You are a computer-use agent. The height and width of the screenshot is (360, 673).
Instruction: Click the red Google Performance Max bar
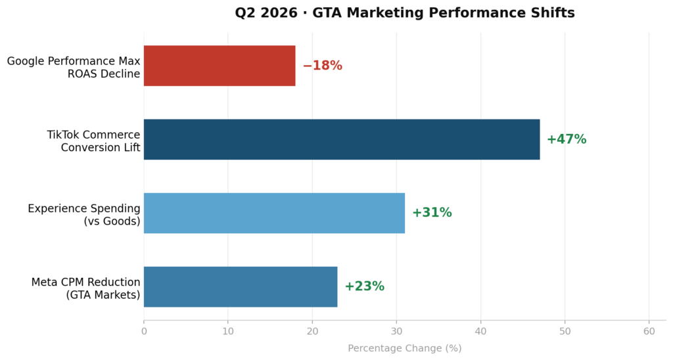[x=220, y=66]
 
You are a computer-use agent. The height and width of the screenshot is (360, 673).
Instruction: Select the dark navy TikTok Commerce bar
[x=342, y=139]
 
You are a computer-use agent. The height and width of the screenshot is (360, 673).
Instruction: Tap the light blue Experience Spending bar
[x=274, y=213]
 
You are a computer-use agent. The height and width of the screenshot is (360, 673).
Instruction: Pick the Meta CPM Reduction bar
[x=241, y=286]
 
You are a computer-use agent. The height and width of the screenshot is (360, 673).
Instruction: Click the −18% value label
[x=322, y=66]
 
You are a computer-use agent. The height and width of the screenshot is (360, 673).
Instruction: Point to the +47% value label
[x=566, y=139]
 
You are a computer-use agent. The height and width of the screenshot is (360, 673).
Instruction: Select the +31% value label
[x=432, y=213]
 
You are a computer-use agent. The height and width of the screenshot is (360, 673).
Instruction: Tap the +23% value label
[x=364, y=286]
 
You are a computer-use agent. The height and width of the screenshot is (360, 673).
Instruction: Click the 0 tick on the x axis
[x=144, y=332]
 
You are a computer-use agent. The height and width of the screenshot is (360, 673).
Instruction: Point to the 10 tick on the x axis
[x=228, y=332]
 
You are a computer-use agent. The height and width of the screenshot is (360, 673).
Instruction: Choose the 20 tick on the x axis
[x=312, y=332]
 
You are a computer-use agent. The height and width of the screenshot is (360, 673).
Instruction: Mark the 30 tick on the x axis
[x=396, y=332]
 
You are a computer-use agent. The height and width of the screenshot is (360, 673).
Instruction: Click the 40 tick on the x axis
[x=480, y=332]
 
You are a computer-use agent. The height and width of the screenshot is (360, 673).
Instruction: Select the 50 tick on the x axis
[x=565, y=332]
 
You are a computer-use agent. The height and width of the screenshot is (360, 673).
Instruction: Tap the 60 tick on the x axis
[x=649, y=332]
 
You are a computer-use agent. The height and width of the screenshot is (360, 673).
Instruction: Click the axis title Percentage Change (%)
[x=404, y=348]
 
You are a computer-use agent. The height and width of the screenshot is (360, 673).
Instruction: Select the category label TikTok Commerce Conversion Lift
[x=93, y=141]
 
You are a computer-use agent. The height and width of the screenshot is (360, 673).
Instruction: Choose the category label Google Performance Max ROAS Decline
[x=74, y=67]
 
